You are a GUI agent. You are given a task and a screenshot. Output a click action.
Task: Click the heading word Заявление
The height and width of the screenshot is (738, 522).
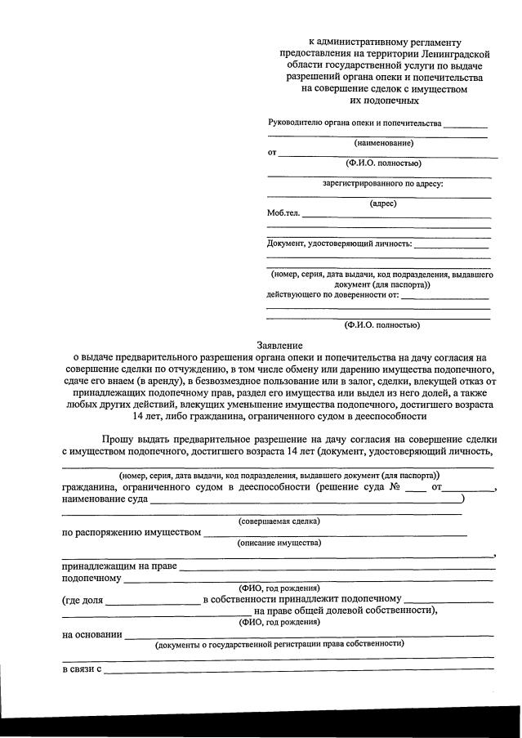click(x=280, y=346)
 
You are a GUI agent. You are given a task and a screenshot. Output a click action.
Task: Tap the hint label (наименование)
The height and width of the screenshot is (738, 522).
click(x=383, y=143)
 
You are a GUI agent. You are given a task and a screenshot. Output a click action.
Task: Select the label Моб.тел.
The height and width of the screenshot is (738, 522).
click(x=283, y=213)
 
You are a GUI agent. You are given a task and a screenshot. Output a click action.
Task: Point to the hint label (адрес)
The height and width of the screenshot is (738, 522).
click(x=383, y=203)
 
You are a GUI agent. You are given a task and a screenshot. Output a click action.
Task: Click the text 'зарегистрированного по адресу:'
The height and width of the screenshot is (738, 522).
click(x=383, y=183)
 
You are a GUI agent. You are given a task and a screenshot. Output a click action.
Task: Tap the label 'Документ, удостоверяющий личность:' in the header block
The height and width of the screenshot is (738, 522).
click(x=340, y=244)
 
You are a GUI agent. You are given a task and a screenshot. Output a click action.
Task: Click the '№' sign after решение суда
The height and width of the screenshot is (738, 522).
click(x=395, y=487)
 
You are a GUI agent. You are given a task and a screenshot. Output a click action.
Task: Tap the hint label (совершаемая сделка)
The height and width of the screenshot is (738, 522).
click(x=279, y=521)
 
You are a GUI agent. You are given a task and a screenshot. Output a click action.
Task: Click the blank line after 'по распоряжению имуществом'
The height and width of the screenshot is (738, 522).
click(x=335, y=534)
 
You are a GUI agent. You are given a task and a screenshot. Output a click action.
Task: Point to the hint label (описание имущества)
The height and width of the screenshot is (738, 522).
click(x=279, y=543)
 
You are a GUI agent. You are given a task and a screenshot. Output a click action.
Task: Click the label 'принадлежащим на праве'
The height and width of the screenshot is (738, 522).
click(x=118, y=566)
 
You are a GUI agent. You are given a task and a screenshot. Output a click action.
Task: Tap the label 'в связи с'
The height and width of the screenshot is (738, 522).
click(x=81, y=669)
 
